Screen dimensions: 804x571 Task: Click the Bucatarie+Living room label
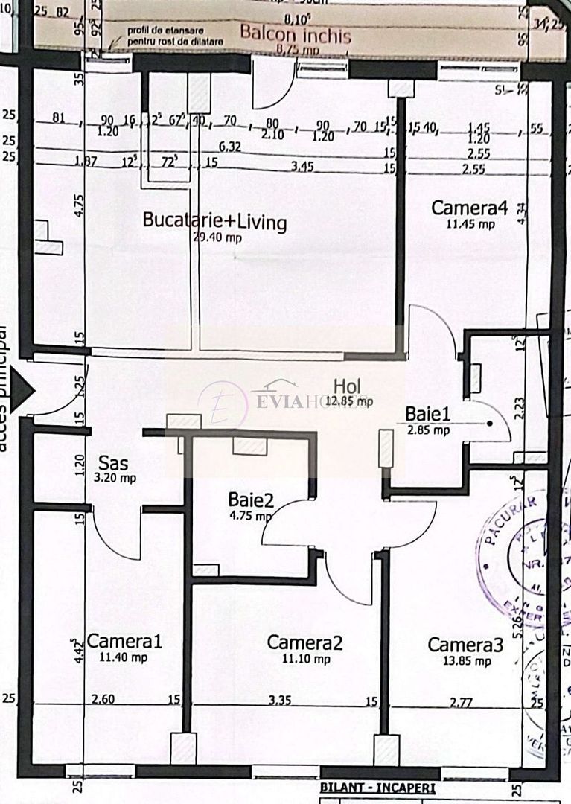coord(214,221)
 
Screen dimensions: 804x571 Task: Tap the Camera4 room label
coord(469,208)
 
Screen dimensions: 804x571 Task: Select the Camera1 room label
coord(124,642)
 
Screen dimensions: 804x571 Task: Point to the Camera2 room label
coord(304,643)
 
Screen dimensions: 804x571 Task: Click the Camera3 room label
coord(465,645)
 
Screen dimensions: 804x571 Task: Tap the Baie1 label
coord(427,414)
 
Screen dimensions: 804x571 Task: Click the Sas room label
coord(112,463)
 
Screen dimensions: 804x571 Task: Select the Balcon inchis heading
coord(295,33)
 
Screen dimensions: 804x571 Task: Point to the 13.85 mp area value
coord(470,661)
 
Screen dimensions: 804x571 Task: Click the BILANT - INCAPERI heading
coord(377,788)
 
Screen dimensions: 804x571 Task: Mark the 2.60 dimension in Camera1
coord(103,700)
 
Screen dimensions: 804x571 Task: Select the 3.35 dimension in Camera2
coord(280,700)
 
